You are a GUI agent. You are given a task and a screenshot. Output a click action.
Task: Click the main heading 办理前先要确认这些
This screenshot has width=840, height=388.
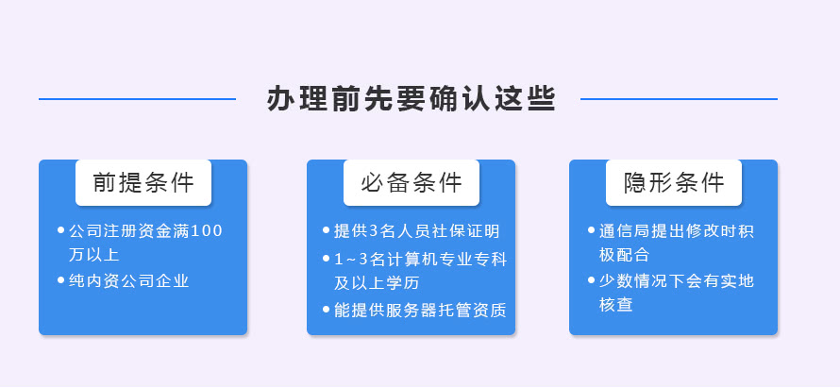click(412, 98)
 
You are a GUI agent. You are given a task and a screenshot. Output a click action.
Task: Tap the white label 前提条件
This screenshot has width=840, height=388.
click(143, 183)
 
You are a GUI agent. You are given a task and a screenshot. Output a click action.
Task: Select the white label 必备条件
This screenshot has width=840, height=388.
click(412, 183)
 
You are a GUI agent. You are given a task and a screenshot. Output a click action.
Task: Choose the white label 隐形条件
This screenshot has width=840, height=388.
click(674, 183)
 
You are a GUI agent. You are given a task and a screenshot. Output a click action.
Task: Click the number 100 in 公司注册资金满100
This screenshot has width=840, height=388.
click(207, 231)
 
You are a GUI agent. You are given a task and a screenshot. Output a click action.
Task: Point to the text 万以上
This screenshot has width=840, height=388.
click(93, 255)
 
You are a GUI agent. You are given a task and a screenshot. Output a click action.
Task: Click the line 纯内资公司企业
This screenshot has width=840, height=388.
click(129, 280)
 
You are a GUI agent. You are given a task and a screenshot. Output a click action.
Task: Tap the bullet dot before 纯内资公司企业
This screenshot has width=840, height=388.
click(60, 279)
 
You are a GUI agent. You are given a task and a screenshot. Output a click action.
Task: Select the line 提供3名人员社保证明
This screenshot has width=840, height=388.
click(417, 231)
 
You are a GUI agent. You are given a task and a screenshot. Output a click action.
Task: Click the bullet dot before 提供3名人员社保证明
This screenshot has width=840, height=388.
click(327, 230)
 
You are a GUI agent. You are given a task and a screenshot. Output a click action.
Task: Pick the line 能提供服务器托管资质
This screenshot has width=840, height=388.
click(421, 311)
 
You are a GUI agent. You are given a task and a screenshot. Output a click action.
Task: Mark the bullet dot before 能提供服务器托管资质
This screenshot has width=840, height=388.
click(327, 310)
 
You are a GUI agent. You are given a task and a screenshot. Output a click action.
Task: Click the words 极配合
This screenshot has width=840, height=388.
click(624, 255)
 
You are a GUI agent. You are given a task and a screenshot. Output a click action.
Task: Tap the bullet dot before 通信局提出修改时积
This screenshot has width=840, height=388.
click(592, 230)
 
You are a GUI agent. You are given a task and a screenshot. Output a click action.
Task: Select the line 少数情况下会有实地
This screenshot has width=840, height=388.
click(677, 280)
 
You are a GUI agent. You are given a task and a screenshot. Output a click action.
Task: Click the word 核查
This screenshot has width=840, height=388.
click(616, 304)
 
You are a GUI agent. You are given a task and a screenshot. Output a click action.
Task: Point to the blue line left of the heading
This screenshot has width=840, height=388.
click(137, 99)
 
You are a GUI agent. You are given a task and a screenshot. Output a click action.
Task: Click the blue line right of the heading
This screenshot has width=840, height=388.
click(679, 99)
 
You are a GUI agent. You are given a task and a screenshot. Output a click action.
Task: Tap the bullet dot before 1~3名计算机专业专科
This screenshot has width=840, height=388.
click(327, 259)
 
